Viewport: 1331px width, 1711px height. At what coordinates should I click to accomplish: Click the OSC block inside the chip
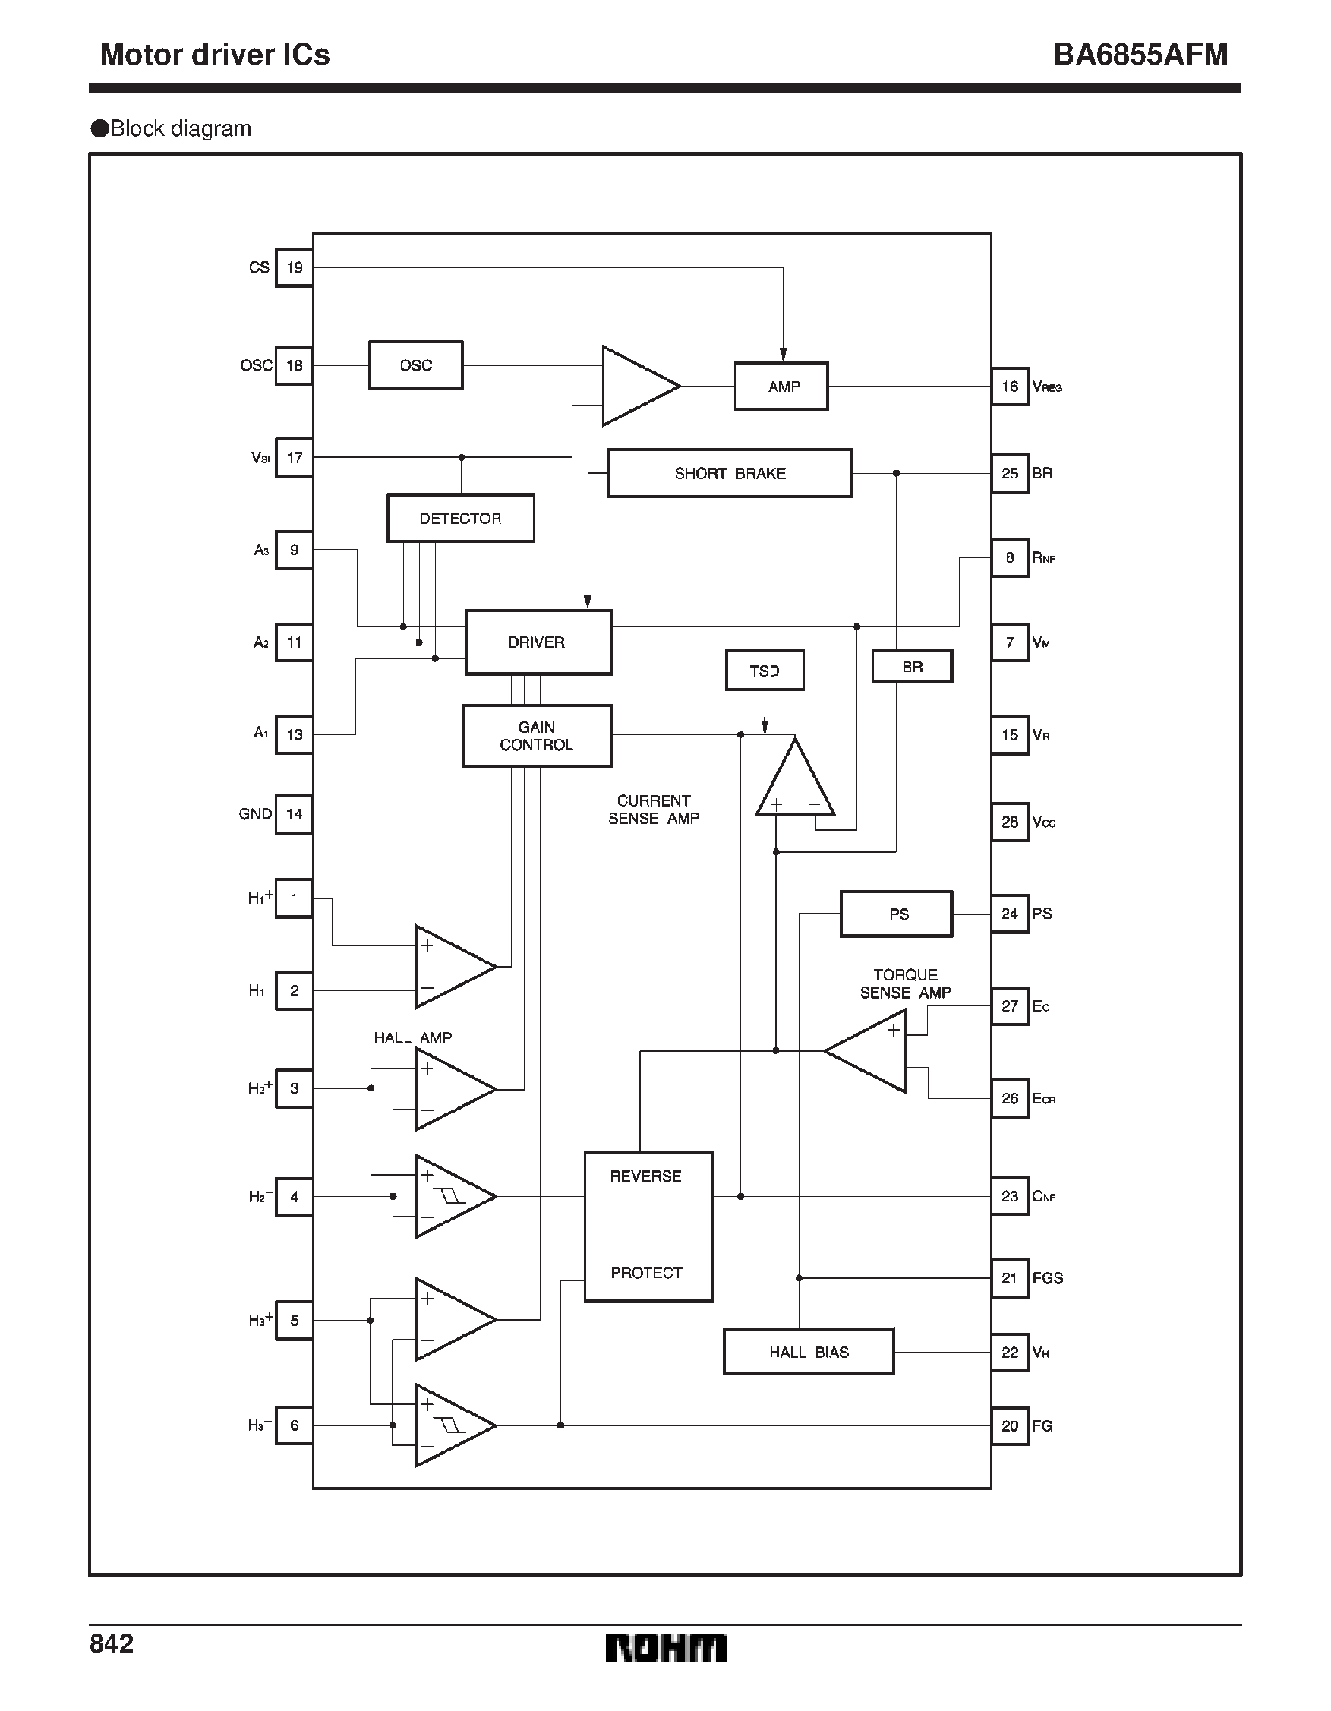coord(415,365)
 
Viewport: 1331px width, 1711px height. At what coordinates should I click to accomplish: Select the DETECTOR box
coord(460,518)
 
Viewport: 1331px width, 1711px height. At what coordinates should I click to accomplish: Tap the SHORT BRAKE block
coord(730,473)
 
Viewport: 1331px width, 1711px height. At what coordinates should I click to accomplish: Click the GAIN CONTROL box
coord(537,736)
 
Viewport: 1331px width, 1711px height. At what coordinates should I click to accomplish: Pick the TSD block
coord(765,671)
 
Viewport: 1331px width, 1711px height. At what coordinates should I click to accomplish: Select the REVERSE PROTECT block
coord(648,1226)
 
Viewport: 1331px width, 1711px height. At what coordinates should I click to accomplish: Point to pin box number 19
coord(295,267)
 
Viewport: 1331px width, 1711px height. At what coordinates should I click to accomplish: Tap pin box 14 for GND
coord(295,814)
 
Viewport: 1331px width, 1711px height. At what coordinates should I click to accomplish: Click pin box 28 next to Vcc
coord(1010,822)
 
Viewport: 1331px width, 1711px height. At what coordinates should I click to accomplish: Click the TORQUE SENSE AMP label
coord(905,984)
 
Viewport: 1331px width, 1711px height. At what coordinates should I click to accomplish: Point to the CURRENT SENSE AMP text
coord(654,810)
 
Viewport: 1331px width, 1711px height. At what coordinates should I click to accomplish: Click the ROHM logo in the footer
coord(665,1647)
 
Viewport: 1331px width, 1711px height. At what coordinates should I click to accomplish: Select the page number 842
coord(112,1643)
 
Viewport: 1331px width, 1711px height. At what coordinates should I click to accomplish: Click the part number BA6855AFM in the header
coord(1140,54)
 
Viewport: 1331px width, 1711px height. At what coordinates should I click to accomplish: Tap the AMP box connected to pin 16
coord(781,387)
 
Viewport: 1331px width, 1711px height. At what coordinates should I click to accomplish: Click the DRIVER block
coord(538,642)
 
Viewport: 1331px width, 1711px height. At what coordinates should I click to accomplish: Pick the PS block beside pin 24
coord(896,914)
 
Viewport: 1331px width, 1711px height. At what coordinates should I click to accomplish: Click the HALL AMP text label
coord(413,1038)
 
